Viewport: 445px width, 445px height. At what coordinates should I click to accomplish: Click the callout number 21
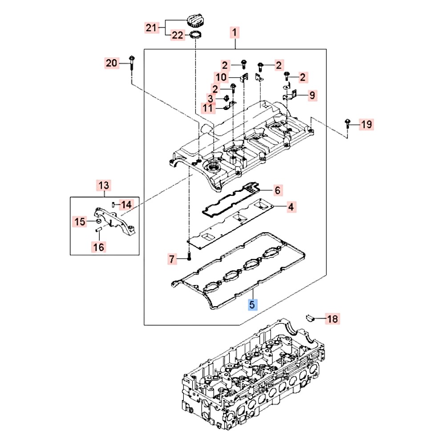click(x=152, y=28)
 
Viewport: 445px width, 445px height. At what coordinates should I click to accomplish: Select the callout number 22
click(x=178, y=36)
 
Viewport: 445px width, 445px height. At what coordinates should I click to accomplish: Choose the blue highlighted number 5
click(x=252, y=305)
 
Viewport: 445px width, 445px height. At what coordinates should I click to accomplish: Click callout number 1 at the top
click(x=235, y=32)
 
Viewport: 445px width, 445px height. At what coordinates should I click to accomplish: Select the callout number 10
click(x=221, y=77)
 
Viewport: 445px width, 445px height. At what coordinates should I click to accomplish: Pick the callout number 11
click(x=208, y=107)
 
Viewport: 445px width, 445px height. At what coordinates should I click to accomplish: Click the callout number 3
click(x=210, y=98)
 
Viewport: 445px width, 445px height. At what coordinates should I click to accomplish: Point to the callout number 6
click(x=277, y=190)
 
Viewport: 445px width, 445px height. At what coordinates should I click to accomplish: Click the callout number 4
click(x=290, y=207)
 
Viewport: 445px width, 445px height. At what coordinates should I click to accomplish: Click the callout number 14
click(x=127, y=205)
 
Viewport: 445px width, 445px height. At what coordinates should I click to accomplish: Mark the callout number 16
click(x=99, y=246)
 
